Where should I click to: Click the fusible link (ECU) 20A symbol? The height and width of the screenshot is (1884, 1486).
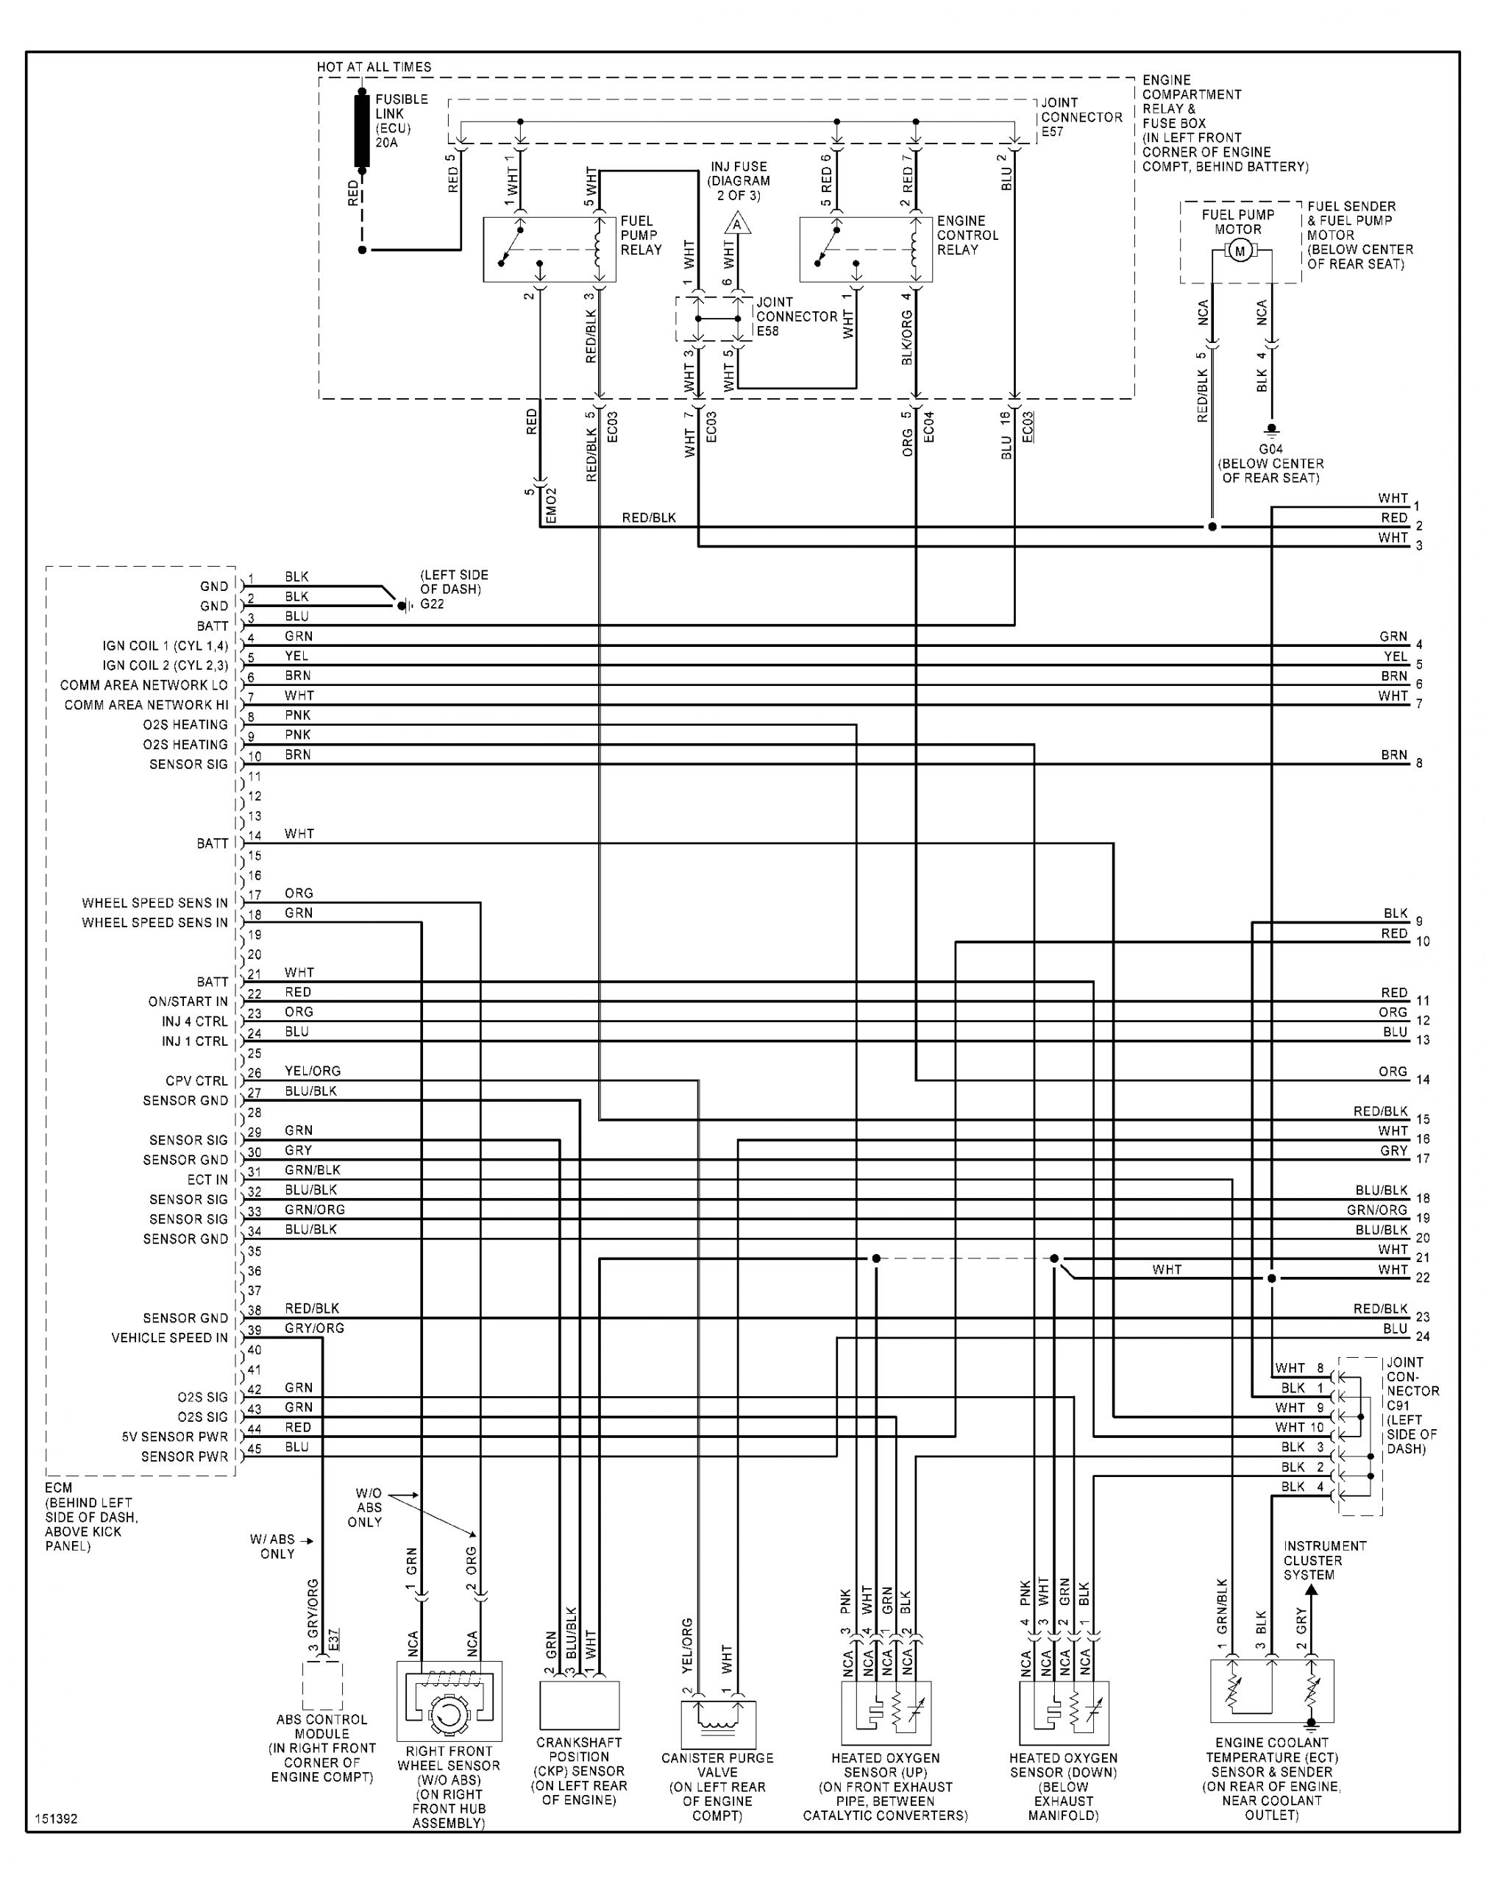point(362,130)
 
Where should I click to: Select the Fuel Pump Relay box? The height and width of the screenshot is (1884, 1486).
point(549,249)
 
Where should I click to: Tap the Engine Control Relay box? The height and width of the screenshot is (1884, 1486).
point(866,249)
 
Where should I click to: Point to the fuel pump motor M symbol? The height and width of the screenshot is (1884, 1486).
point(1240,252)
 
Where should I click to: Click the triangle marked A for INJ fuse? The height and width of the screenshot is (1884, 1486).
point(737,224)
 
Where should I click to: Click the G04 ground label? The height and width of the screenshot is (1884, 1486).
point(1271,450)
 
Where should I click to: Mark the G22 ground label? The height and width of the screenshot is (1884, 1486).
point(433,604)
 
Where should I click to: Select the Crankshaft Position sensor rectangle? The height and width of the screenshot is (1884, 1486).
point(580,1704)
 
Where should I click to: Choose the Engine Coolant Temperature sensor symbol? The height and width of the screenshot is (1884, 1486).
point(1271,1692)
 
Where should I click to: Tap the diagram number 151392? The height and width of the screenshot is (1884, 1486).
point(57,1819)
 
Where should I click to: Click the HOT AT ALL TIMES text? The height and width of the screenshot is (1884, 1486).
point(374,67)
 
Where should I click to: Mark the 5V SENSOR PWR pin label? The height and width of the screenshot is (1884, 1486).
point(175,1437)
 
